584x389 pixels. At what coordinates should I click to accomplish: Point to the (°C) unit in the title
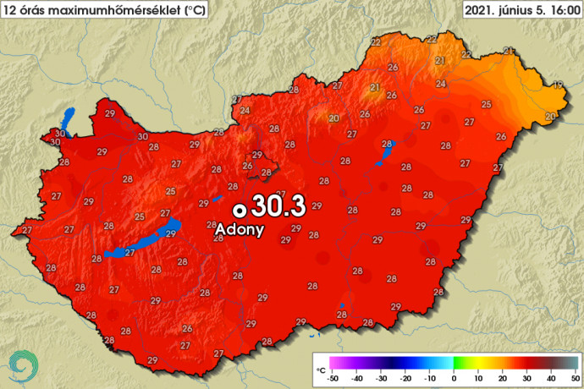click(x=193, y=9)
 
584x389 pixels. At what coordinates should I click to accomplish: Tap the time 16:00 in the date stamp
click(x=562, y=9)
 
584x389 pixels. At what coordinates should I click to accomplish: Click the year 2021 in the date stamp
click(x=480, y=9)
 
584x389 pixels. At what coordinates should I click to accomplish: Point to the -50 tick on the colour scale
click(x=333, y=379)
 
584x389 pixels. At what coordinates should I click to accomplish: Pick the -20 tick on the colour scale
click(x=405, y=379)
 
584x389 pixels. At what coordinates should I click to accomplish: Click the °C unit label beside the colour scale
click(x=320, y=370)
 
